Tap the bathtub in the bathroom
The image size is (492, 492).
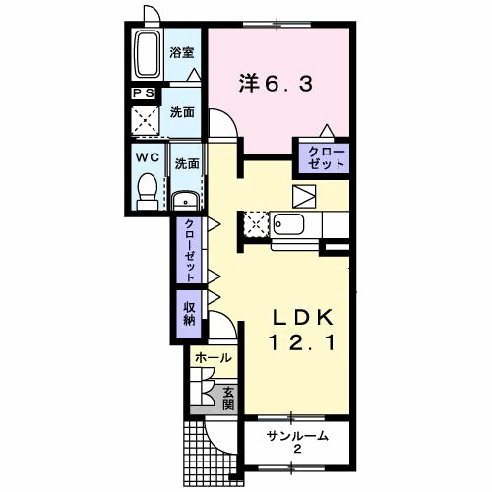click(150, 56)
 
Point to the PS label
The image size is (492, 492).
click(144, 93)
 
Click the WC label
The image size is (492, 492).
click(147, 156)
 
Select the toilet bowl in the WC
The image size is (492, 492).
click(147, 187)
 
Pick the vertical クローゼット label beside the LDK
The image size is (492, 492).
click(189, 248)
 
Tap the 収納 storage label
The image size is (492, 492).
click(189, 311)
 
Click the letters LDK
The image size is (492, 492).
click(304, 318)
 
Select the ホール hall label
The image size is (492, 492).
click(214, 358)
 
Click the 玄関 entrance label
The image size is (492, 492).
click(228, 397)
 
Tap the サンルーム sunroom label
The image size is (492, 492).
click(296, 436)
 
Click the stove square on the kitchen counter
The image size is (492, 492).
click(254, 223)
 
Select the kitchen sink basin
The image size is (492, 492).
click(291, 224)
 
